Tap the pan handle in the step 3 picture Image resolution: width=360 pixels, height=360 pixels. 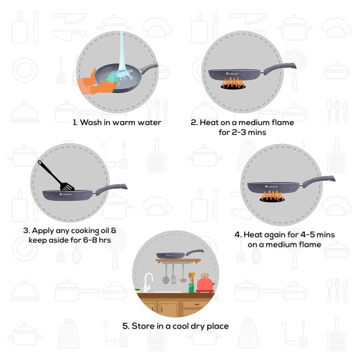tap(111, 190)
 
